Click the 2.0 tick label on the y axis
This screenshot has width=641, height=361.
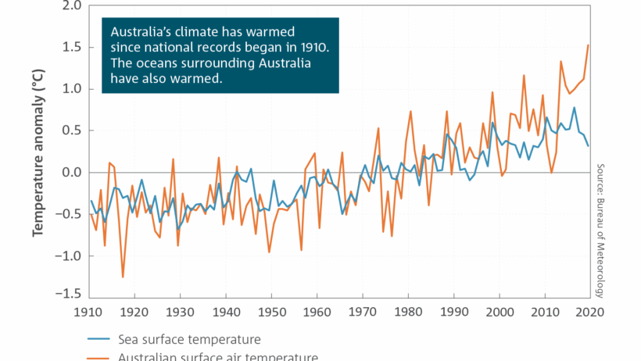(70, 6)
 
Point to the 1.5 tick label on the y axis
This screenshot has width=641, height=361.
(70, 48)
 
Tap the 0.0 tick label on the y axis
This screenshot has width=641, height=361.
(70, 172)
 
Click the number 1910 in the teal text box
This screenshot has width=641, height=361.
(313, 48)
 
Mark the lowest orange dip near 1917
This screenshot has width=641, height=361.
(123, 277)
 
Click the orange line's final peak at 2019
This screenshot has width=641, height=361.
(588, 45)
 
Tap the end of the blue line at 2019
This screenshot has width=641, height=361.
(588, 145)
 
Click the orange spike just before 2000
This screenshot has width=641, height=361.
(492, 92)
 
